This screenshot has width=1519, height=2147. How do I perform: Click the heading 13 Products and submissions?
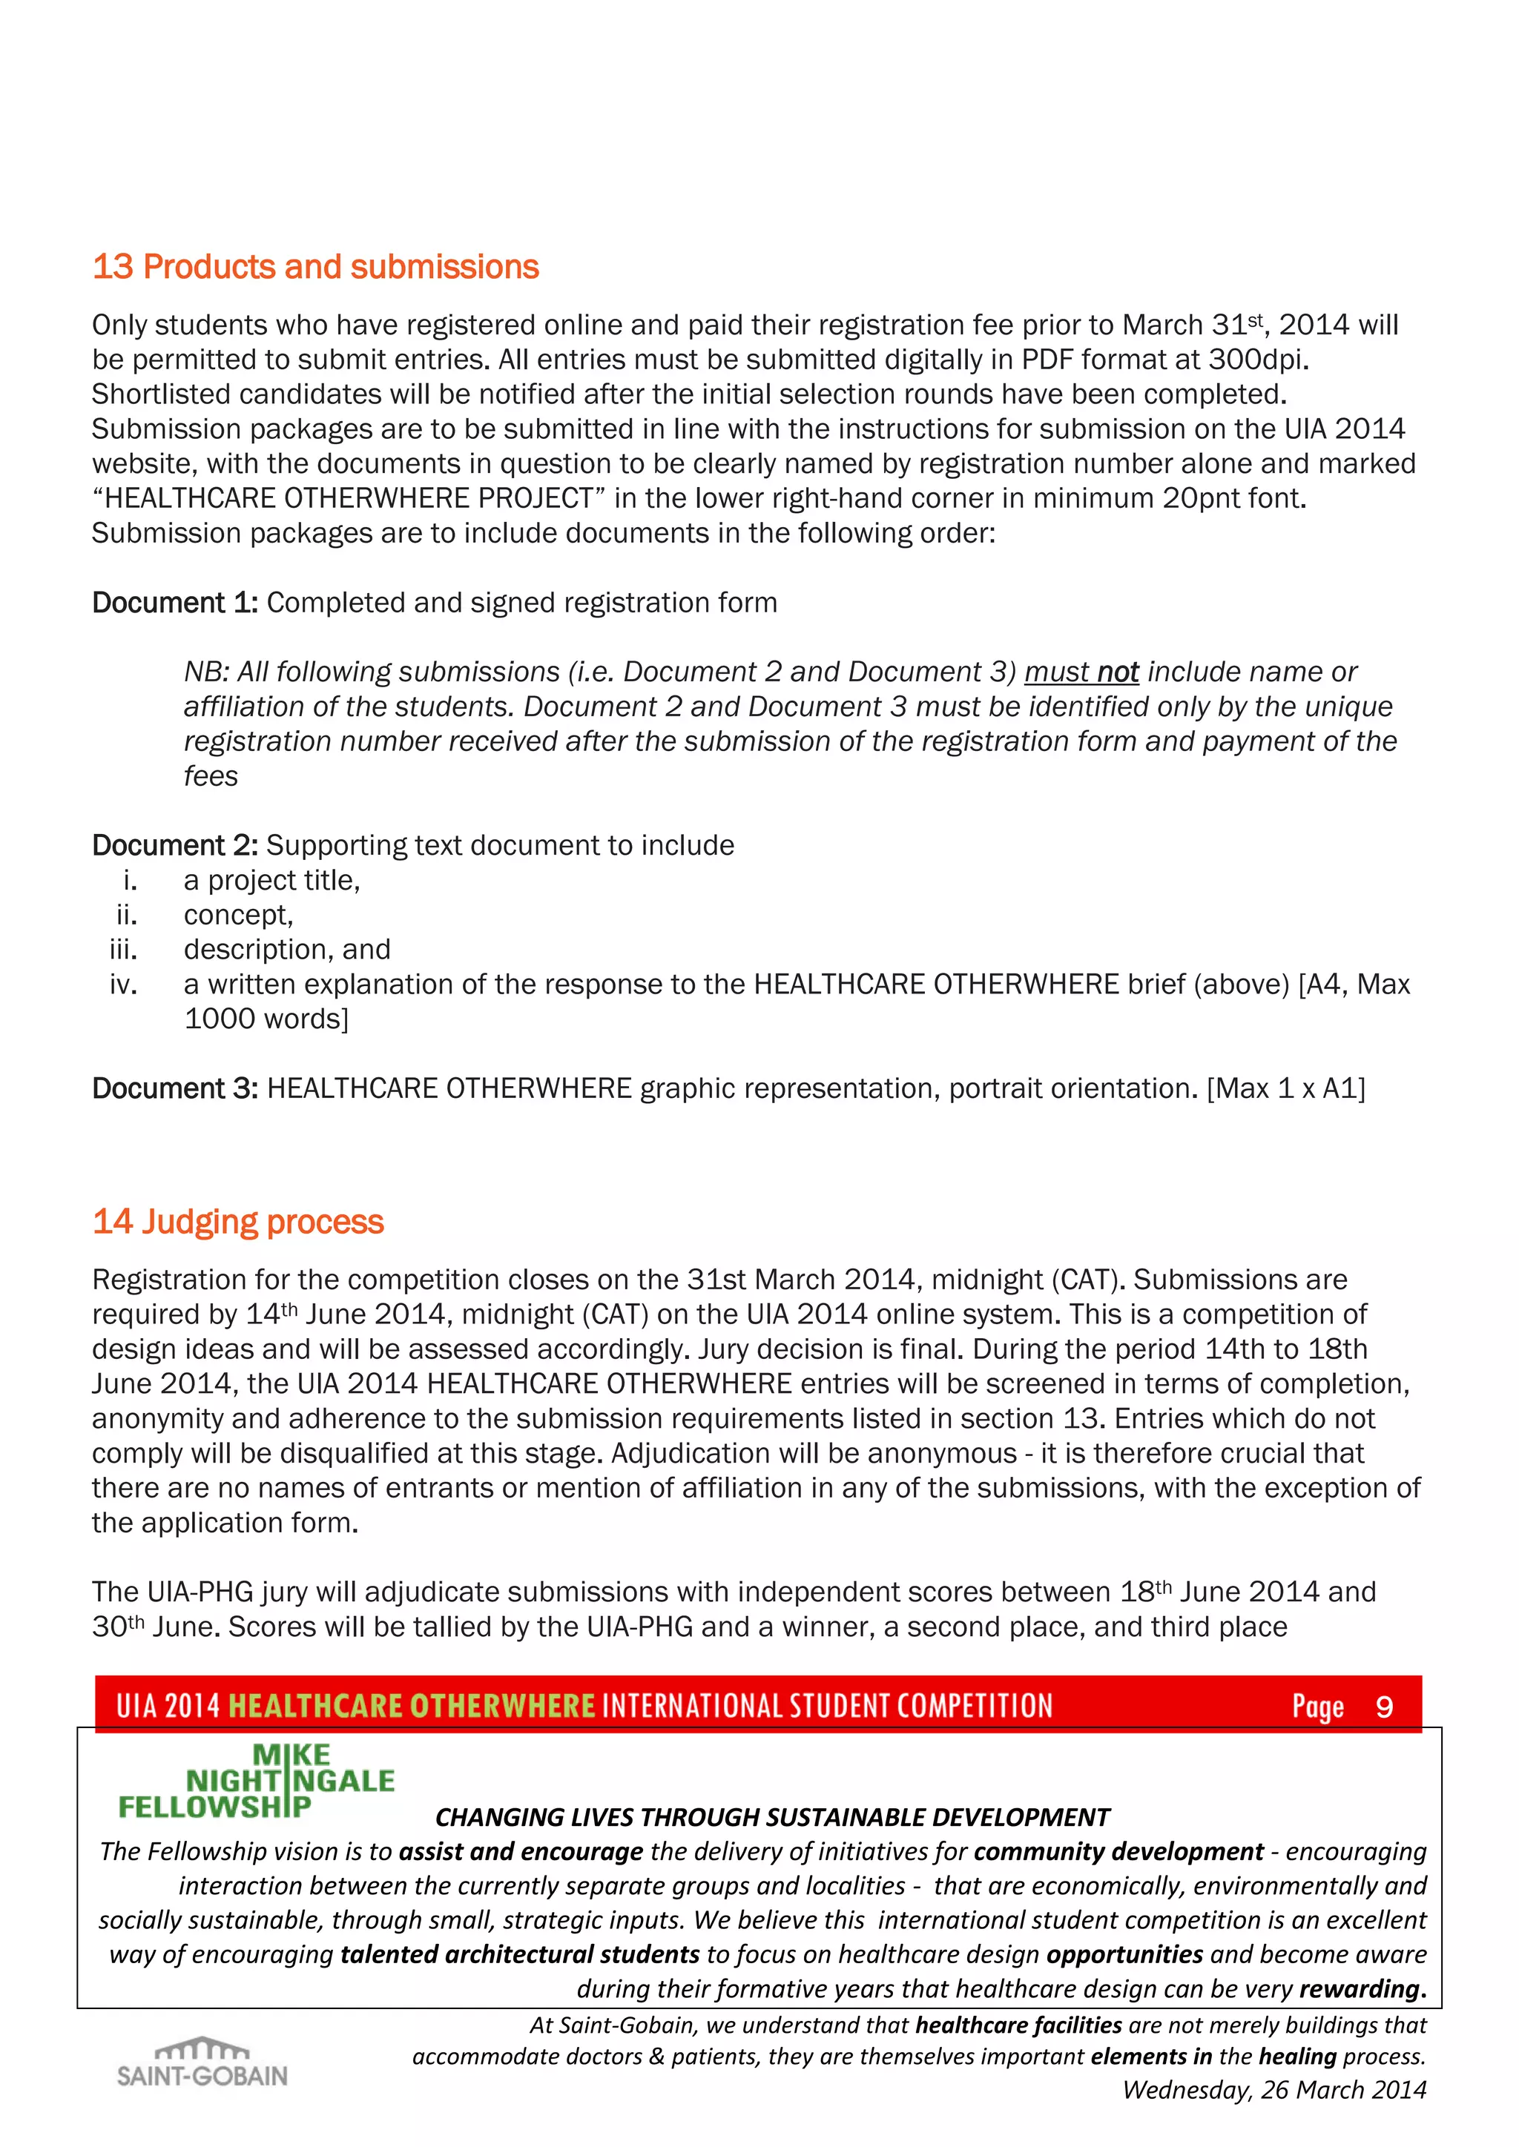pyautogui.click(x=315, y=268)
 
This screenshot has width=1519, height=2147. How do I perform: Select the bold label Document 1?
pyautogui.click(x=174, y=603)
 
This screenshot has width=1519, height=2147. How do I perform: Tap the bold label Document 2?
pyautogui.click(x=174, y=845)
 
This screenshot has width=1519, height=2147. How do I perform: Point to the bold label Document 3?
pyautogui.click(x=174, y=1088)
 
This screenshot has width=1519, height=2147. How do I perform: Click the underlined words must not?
pyautogui.click(x=1081, y=672)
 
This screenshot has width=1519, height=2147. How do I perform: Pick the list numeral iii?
pyautogui.click(x=123, y=950)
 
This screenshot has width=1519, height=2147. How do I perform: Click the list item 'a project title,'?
pyautogui.click(x=271, y=881)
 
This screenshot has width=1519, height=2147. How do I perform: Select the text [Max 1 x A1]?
pyautogui.click(x=1285, y=1088)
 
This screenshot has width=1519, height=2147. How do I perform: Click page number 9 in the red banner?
pyautogui.click(x=1384, y=1707)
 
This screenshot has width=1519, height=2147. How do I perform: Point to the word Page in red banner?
pyautogui.click(x=1317, y=1707)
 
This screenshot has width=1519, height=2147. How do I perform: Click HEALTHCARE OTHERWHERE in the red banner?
pyautogui.click(x=412, y=1707)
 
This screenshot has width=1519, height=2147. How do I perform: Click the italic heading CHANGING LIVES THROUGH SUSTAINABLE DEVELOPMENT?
pyautogui.click(x=771, y=1818)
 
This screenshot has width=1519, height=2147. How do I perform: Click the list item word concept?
pyautogui.click(x=239, y=916)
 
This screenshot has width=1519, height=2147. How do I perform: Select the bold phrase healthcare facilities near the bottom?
pyautogui.click(x=1018, y=2025)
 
